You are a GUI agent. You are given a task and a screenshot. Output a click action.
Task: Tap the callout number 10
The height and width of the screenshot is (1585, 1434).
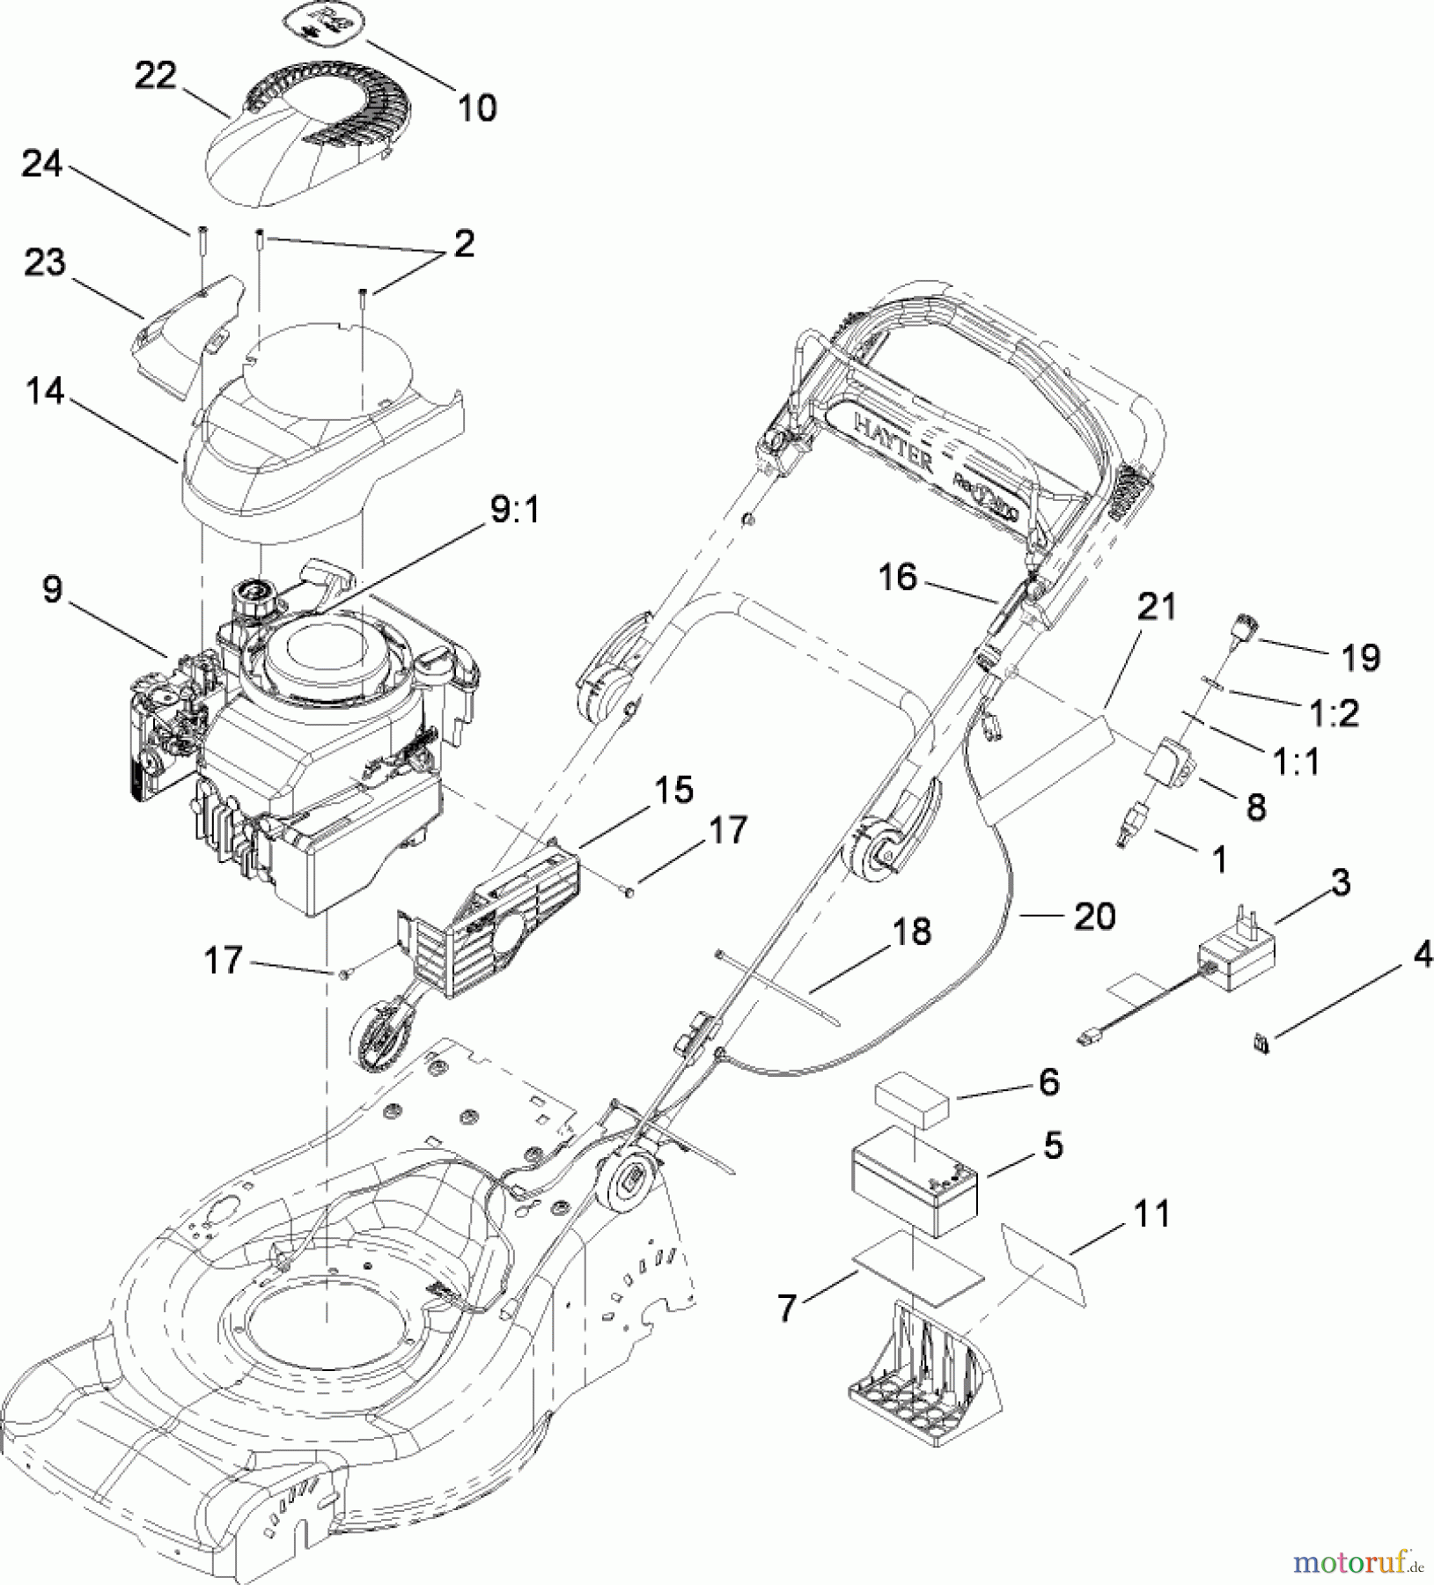point(477,108)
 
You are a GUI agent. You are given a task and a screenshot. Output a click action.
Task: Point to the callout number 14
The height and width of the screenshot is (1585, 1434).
point(45,391)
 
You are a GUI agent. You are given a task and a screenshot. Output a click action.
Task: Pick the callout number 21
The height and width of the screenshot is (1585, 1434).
point(1156,607)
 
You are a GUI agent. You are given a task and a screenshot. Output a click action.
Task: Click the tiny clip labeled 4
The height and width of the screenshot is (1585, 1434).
point(1261,1044)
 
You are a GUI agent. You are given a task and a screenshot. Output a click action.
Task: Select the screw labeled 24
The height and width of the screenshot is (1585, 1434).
point(202,260)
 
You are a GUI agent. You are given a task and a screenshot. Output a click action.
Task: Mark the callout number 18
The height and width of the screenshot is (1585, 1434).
point(911,931)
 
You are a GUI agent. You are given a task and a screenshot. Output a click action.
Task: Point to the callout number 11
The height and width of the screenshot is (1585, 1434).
point(1151,1214)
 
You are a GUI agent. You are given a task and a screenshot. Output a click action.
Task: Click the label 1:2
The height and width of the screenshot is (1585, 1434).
point(1335,713)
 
